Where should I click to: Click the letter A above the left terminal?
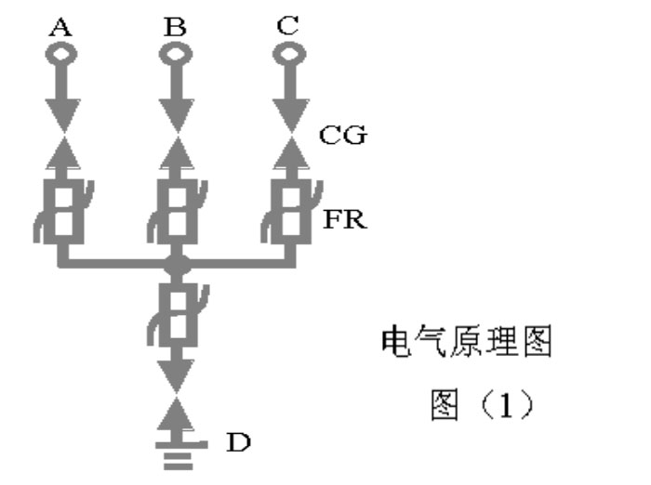click(60, 27)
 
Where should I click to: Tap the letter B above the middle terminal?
click(175, 27)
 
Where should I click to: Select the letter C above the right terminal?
click(287, 26)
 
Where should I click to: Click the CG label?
click(343, 135)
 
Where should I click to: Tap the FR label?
click(345, 219)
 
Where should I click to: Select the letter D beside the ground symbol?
click(238, 442)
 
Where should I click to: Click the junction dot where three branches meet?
click(178, 264)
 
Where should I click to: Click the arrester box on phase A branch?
click(63, 212)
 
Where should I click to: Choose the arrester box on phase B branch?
click(178, 212)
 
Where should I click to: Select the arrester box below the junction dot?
click(178, 315)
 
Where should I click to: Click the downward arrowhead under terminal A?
click(63, 116)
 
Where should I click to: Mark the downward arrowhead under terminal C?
click(291, 116)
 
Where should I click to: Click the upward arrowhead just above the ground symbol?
click(177, 413)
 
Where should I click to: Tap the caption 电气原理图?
click(466, 341)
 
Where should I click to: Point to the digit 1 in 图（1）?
click(506, 405)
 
